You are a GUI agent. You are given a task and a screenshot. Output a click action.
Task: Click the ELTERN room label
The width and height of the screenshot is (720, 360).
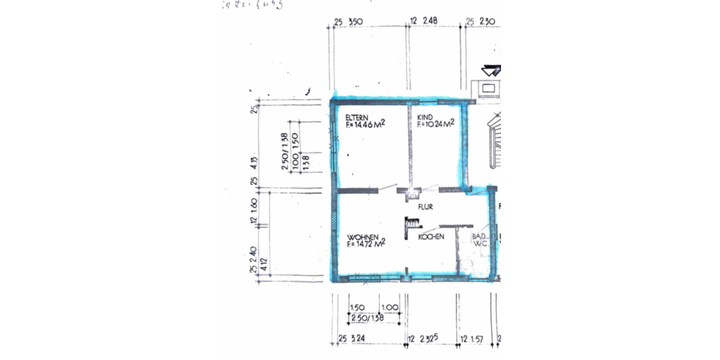pyautogui.click(x=356, y=118)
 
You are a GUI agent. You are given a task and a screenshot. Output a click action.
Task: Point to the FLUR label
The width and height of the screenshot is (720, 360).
pyautogui.click(x=425, y=207)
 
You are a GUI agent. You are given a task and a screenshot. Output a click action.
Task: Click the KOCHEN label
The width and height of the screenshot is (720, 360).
pyautogui.click(x=431, y=237)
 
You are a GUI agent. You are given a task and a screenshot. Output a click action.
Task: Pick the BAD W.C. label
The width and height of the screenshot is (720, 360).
pyautogui.click(x=479, y=241)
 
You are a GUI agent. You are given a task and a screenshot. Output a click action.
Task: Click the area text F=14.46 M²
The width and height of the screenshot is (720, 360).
pyautogui.click(x=365, y=125)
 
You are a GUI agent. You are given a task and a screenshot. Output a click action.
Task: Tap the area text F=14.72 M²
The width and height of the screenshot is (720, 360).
pyautogui.click(x=365, y=244)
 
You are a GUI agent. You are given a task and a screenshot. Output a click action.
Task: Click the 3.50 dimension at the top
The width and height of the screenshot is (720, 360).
pyautogui.click(x=356, y=22)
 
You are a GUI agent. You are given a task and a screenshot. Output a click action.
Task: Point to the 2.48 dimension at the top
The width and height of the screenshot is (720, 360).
pyautogui.click(x=430, y=20)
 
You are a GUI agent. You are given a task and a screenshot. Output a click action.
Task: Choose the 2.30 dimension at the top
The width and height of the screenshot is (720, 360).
pyautogui.click(x=488, y=22)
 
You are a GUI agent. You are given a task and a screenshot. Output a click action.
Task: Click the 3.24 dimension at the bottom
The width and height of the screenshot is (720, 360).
pyautogui.click(x=358, y=340)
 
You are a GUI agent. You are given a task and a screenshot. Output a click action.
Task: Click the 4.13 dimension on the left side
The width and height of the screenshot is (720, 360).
pyautogui.click(x=254, y=161)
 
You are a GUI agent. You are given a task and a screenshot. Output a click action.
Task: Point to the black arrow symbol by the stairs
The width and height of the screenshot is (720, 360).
pyautogui.click(x=491, y=70)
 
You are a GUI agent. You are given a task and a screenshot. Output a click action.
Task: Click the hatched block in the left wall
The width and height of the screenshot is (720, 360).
pyautogui.click(x=333, y=220)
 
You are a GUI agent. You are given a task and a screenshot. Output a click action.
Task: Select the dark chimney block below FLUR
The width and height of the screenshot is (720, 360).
pyautogui.click(x=411, y=223)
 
